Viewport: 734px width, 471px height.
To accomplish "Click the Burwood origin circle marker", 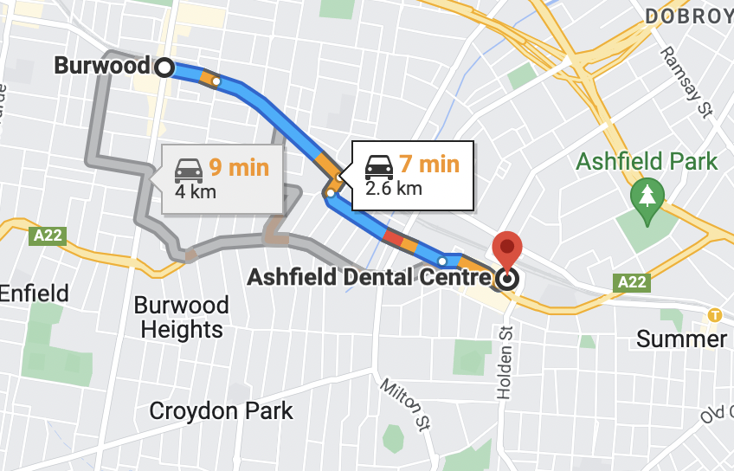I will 164,66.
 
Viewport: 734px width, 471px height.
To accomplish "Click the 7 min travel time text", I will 428,164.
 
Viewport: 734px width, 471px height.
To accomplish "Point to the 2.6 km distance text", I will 394,188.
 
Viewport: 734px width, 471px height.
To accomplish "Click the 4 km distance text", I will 196,190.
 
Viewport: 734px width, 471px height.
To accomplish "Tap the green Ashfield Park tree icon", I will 647,195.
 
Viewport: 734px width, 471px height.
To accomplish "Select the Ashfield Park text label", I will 647,161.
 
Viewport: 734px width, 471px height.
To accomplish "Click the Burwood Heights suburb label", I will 182,317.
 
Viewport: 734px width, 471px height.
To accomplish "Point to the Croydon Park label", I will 221,410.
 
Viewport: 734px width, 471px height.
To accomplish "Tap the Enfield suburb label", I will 34,294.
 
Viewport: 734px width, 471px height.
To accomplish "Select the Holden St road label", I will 505,363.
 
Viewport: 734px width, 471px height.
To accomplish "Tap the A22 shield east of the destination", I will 631,281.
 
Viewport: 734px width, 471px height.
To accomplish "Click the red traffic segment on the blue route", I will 393,236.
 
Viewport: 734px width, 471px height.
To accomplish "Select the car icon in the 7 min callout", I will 379,165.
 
